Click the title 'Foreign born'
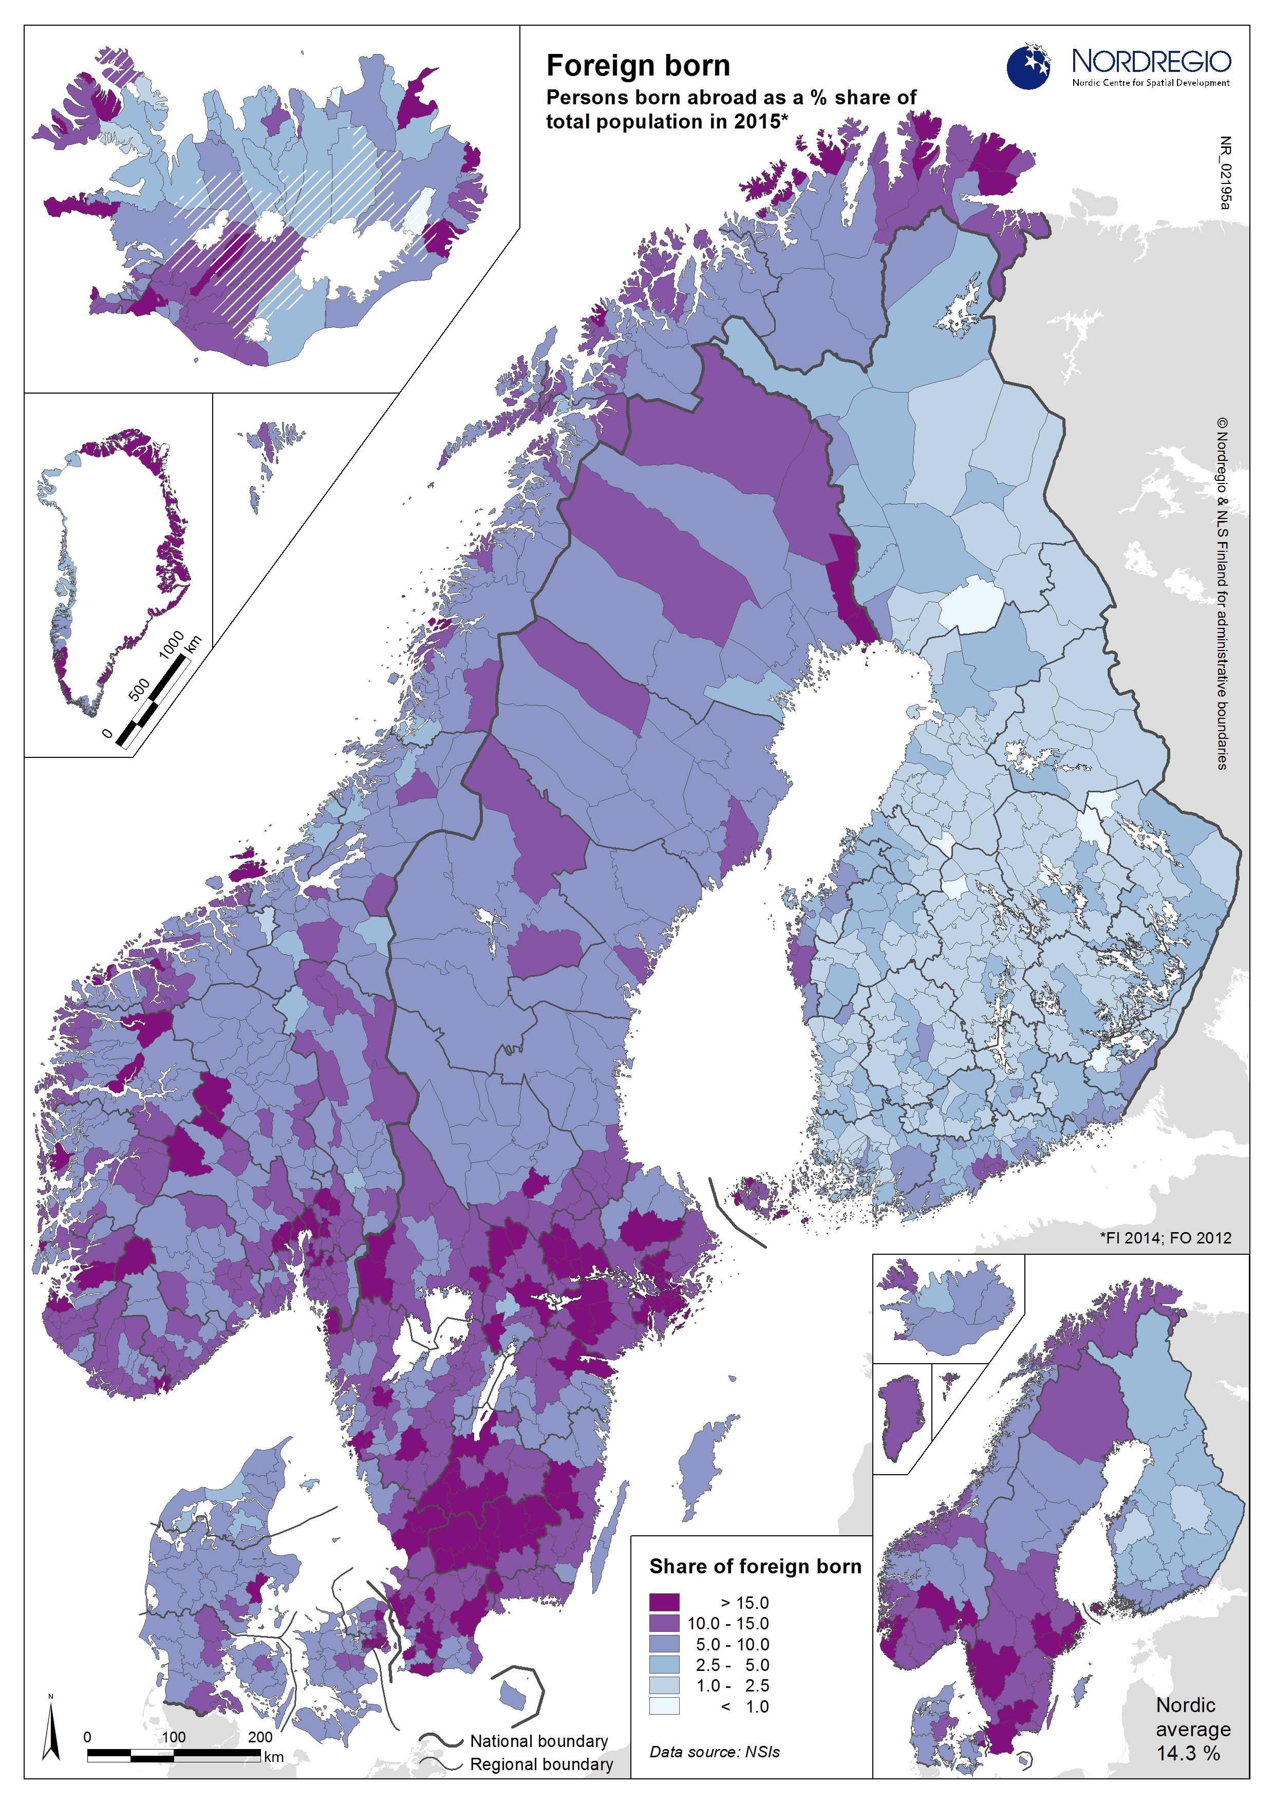click(x=638, y=66)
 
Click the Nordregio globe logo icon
click(x=1028, y=67)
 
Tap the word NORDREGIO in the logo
click(x=1151, y=61)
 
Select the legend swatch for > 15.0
click(x=664, y=1602)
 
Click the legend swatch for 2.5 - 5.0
click(x=664, y=1664)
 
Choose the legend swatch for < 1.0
click(x=664, y=1705)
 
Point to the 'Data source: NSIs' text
click(x=714, y=1752)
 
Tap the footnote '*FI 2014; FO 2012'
click(x=1166, y=1238)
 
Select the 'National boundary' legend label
click(x=539, y=1741)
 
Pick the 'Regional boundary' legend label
click(x=541, y=1764)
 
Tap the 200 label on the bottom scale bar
click(x=260, y=1737)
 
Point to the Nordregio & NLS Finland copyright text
click(x=1222, y=593)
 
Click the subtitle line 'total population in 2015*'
click(x=667, y=122)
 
